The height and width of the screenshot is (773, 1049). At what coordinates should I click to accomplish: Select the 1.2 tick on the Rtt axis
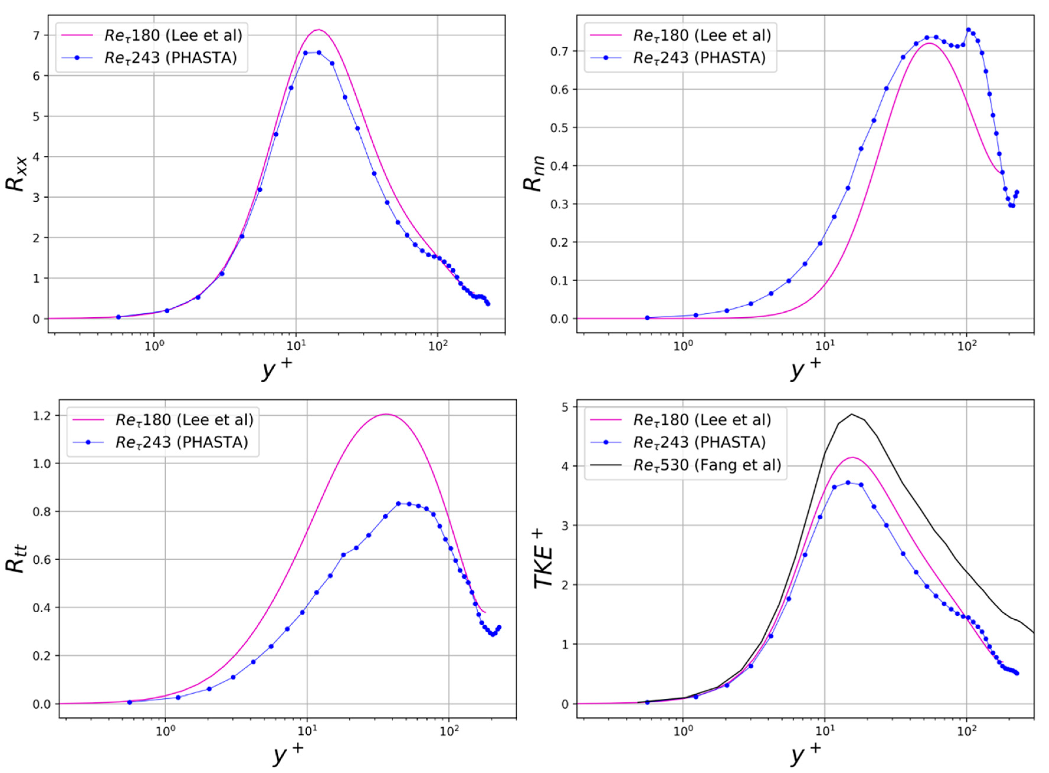[x=42, y=416]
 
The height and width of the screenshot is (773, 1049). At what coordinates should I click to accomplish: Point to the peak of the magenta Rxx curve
[x=319, y=30]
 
